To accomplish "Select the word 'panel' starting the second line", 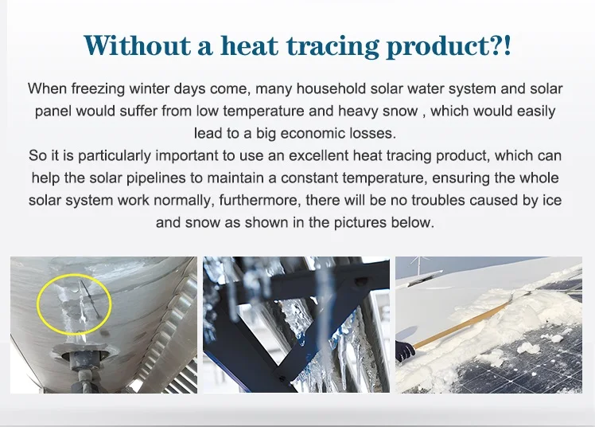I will (x=52, y=110).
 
